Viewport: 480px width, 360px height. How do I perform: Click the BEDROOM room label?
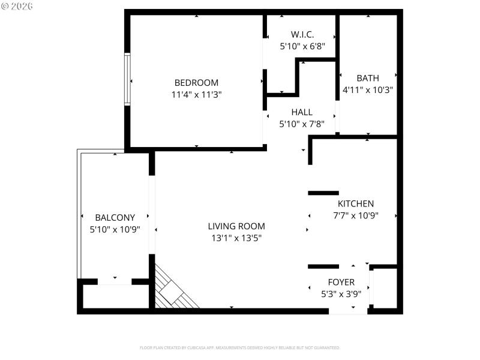pyautogui.click(x=196, y=83)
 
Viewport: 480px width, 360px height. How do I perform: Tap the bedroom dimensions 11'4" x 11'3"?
pyautogui.click(x=196, y=94)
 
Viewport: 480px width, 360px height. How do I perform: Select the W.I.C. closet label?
pyautogui.click(x=302, y=35)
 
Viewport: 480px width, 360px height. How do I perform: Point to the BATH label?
pyautogui.click(x=368, y=78)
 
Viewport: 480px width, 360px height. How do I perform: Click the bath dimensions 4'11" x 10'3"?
pyautogui.click(x=368, y=89)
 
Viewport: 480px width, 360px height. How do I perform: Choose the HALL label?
pyautogui.click(x=302, y=112)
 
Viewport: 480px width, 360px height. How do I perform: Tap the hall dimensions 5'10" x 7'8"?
pyautogui.click(x=302, y=124)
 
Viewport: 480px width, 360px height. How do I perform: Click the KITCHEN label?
pyautogui.click(x=356, y=204)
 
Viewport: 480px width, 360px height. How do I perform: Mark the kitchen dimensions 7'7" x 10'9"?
pyautogui.click(x=356, y=215)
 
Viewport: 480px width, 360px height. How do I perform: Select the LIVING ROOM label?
pyautogui.click(x=236, y=226)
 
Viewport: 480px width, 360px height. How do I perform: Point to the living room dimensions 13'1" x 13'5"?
pyautogui.click(x=236, y=238)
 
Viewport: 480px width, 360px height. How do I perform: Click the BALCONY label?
pyautogui.click(x=115, y=217)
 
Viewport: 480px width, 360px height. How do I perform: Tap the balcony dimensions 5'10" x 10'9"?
pyautogui.click(x=115, y=229)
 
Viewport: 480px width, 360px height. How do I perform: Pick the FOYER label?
pyautogui.click(x=341, y=282)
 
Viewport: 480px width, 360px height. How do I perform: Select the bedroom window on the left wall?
pyautogui.click(x=127, y=80)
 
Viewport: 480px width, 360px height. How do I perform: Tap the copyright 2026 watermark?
pyautogui.click(x=17, y=6)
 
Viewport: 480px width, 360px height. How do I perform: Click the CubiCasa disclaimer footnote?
pyautogui.click(x=240, y=347)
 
